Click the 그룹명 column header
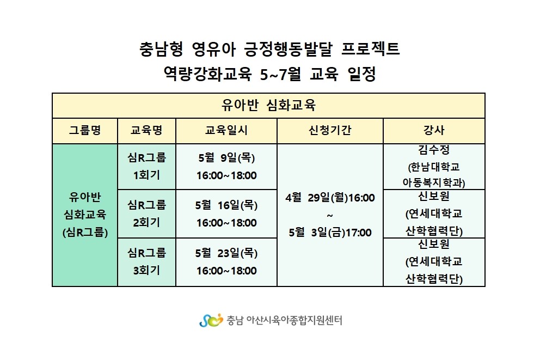tap(85, 130)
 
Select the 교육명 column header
tap(146, 130)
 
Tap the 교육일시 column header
tap(226, 130)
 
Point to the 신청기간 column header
tap(330, 130)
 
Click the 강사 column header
tap(434, 130)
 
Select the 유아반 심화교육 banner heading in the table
tap(268, 105)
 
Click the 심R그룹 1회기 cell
tap(147, 167)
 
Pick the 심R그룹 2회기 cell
tap(147, 213)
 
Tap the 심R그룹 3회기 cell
tap(147, 261)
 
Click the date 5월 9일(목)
tap(226, 158)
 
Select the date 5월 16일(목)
tap(226, 205)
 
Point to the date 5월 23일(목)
tap(226, 253)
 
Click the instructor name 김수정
tap(434, 150)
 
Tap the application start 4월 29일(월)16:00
tap(330, 198)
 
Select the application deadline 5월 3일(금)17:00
tap(330, 233)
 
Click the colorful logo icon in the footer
tap(211, 320)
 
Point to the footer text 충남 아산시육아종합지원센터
tap(285, 320)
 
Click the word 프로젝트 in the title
tap(371, 48)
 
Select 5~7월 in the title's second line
tap(280, 74)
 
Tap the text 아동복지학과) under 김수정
tap(434, 182)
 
